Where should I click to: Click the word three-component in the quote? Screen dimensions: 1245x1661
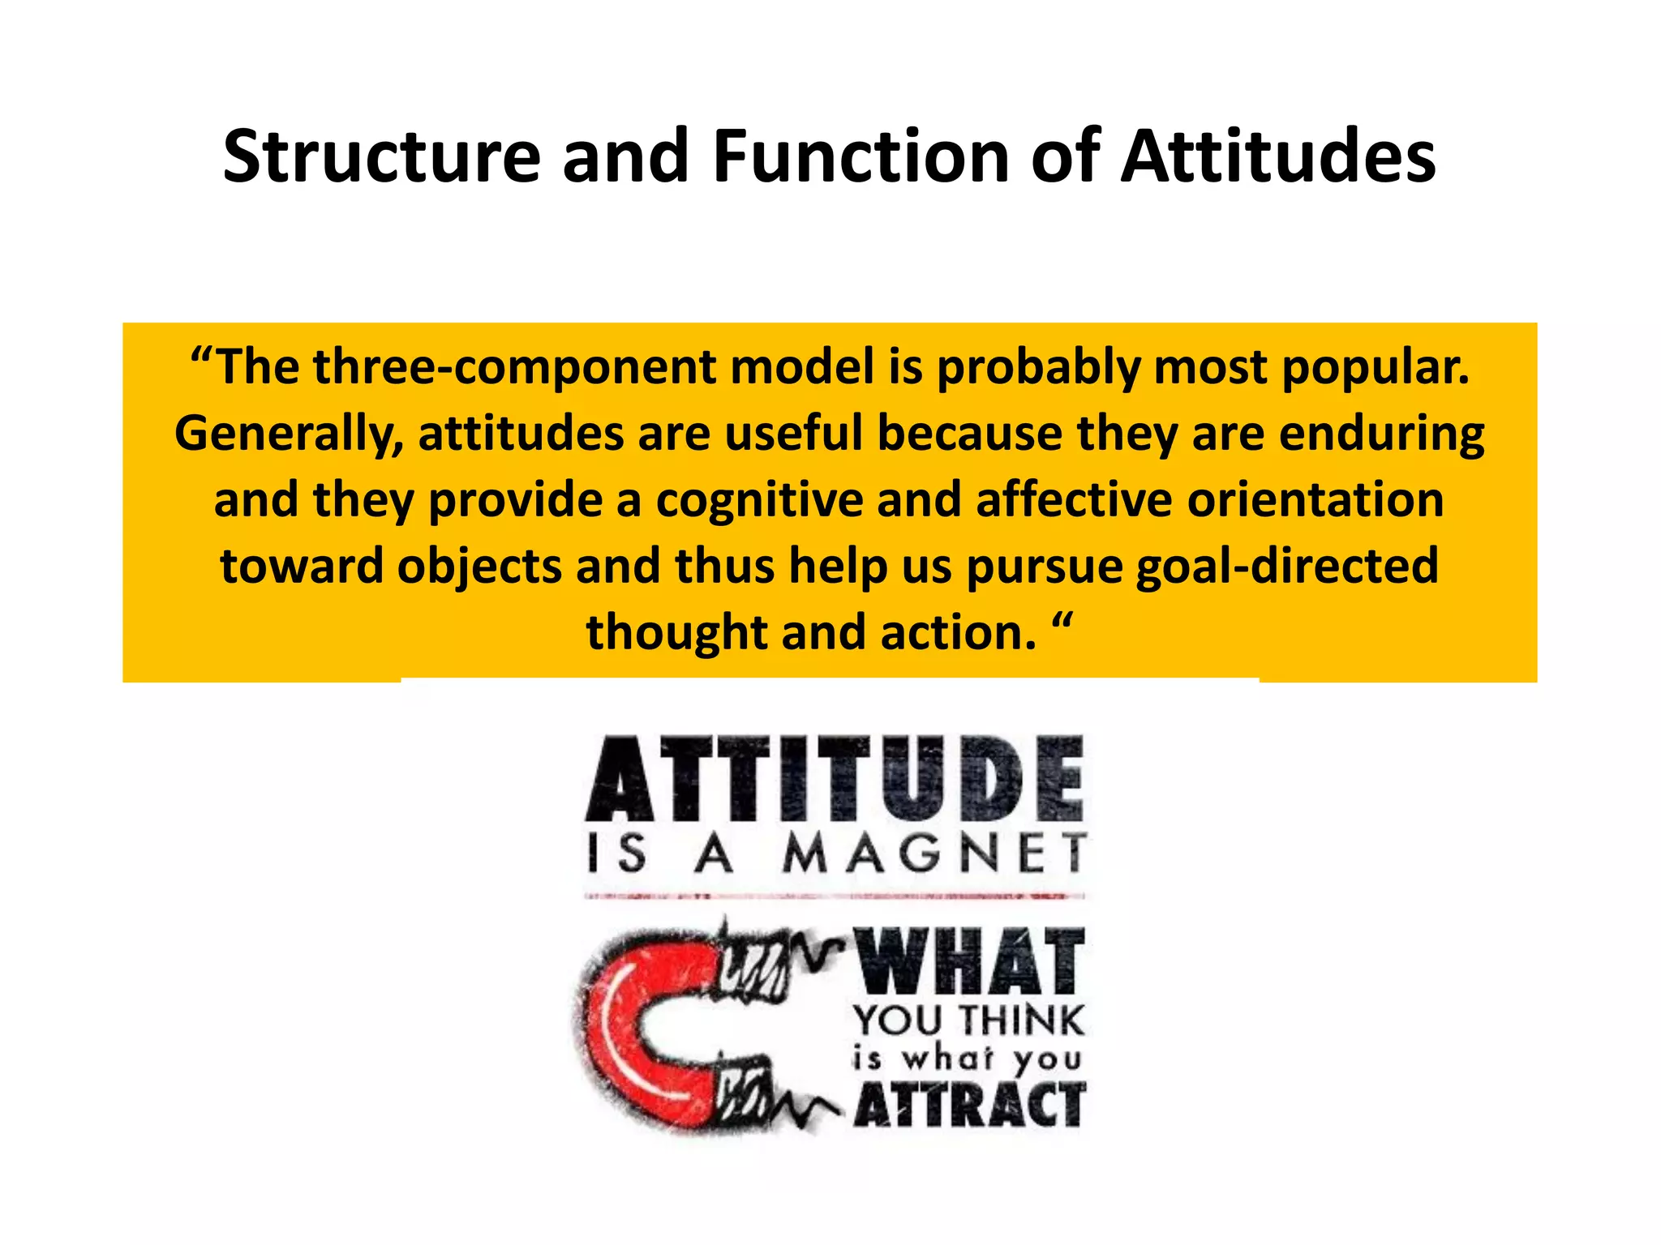point(514,367)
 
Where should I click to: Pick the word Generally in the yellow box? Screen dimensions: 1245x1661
point(289,434)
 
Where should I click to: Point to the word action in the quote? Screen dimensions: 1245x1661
point(958,633)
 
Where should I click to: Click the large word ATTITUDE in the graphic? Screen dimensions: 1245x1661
point(835,779)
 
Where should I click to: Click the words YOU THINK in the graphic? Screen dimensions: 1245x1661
point(968,1020)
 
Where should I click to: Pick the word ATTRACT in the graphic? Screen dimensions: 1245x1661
point(970,1106)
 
